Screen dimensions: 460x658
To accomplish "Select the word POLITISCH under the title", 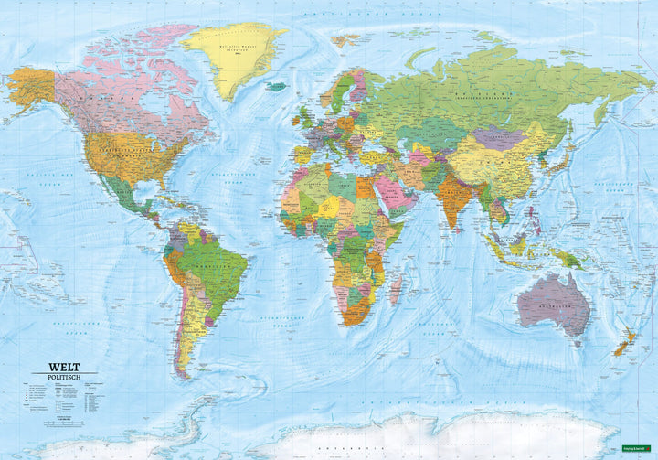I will tap(57, 376).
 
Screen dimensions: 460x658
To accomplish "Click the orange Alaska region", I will tap(33, 87).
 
